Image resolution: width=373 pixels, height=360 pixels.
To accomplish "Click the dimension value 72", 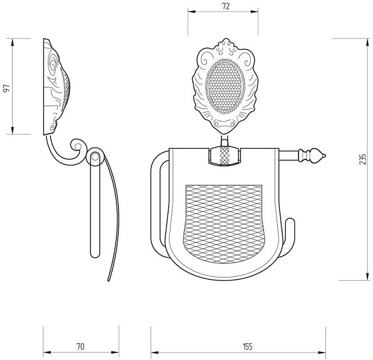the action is coord(226,6).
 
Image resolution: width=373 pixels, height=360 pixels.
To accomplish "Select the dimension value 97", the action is coord(7,88).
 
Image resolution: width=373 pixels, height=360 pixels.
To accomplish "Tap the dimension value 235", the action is coord(363,159).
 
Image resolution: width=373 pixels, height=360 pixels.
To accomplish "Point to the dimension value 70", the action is coord(80,346).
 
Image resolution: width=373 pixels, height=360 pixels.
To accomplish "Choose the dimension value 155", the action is coord(248,346).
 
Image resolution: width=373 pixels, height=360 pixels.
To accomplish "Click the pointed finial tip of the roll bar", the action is coord(325,156).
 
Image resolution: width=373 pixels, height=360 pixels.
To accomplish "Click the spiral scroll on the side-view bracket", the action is coord(76,146).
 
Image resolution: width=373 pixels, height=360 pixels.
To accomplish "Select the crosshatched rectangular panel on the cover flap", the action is coord(224,224).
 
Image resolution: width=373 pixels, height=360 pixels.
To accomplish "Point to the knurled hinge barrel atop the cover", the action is coord(224,156).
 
